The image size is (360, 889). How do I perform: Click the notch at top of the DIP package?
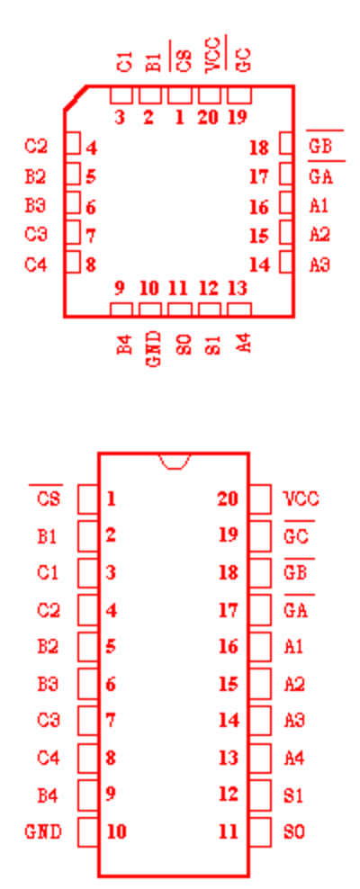175,462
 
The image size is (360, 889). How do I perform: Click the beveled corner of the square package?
76,97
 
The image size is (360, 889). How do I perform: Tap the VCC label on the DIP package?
301,498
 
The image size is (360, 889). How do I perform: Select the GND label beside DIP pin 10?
43,831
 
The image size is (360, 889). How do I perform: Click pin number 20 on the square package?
209,117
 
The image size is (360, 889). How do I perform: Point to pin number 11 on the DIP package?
229,831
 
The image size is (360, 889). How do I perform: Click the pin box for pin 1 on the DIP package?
88,498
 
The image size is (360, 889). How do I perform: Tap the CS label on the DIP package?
49,498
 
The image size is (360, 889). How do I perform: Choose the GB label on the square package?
320,147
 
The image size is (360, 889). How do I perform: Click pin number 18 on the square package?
259,148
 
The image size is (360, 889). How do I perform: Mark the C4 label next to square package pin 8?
36,265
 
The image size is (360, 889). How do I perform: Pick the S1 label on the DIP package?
293,795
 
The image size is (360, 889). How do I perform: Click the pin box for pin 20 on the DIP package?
260,498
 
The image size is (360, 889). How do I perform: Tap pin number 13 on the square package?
238,288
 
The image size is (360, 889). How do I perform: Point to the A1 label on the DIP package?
293,647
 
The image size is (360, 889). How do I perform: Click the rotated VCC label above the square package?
212,54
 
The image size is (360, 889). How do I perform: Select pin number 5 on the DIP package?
111,647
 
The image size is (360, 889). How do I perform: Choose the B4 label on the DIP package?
49,795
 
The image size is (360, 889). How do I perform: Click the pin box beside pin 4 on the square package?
73,143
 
